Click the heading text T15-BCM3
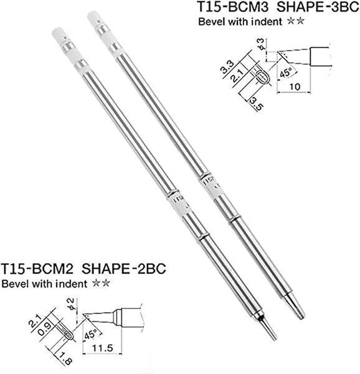233,7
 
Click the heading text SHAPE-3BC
318,7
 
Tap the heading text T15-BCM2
37,269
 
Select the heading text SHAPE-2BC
124,269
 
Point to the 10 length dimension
295,87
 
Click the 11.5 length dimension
102,348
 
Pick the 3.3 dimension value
227,67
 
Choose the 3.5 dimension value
257,103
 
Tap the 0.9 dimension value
45,329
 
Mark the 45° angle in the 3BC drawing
286,72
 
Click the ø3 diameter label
262,44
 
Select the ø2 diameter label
71,304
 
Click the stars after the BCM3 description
296,21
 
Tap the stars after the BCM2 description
102,284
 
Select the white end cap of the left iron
59,34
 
